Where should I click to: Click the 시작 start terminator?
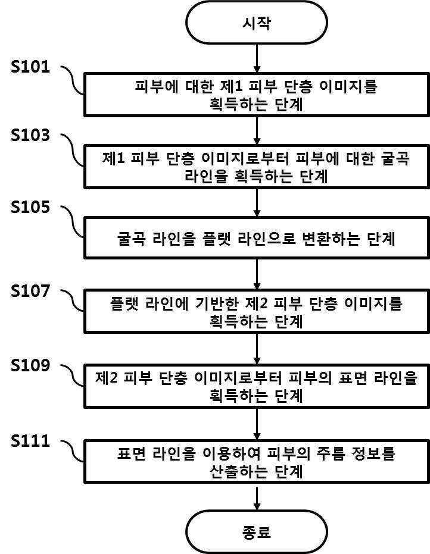pyautogui.click(x=257, y=22)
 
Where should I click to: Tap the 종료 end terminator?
pyautogui.click(x=257, y=532)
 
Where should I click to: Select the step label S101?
pyautogui.click(x=30, y=67)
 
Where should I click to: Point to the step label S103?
pyautogui.click(x=30, y=135)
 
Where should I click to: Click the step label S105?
pyautogui.click(x=30, y=207)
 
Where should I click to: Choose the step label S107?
pyautogui.click(x=30, y=291)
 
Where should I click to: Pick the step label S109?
pyautogui.click(x=30, y=365)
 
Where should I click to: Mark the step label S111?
pyautogui.click(x=30, y=441)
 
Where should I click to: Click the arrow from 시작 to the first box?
pyautogui.click(x=257, y=58)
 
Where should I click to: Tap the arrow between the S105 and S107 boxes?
pyautogui.click(x=257, y=274)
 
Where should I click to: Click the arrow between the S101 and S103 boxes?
pyautogui.click(x=257, y=130)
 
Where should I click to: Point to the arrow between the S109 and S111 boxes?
pyautogui.click(x=257, y=424)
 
